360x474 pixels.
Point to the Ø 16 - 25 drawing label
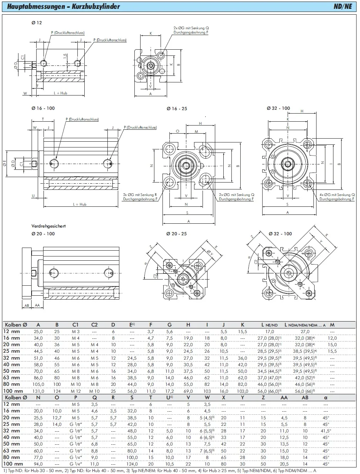pos(177,109)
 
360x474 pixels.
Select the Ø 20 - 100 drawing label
pos(43,234)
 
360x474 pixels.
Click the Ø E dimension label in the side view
pos(5,164)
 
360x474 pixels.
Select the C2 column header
pos(94,325)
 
